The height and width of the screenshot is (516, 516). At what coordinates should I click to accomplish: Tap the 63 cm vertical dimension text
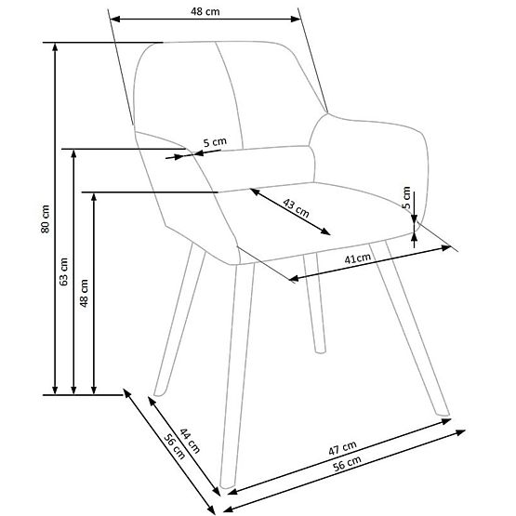[63, 271]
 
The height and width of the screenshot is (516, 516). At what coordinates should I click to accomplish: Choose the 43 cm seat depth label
[296, 208]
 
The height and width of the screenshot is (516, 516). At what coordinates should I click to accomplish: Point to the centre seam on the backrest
[223, 93]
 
